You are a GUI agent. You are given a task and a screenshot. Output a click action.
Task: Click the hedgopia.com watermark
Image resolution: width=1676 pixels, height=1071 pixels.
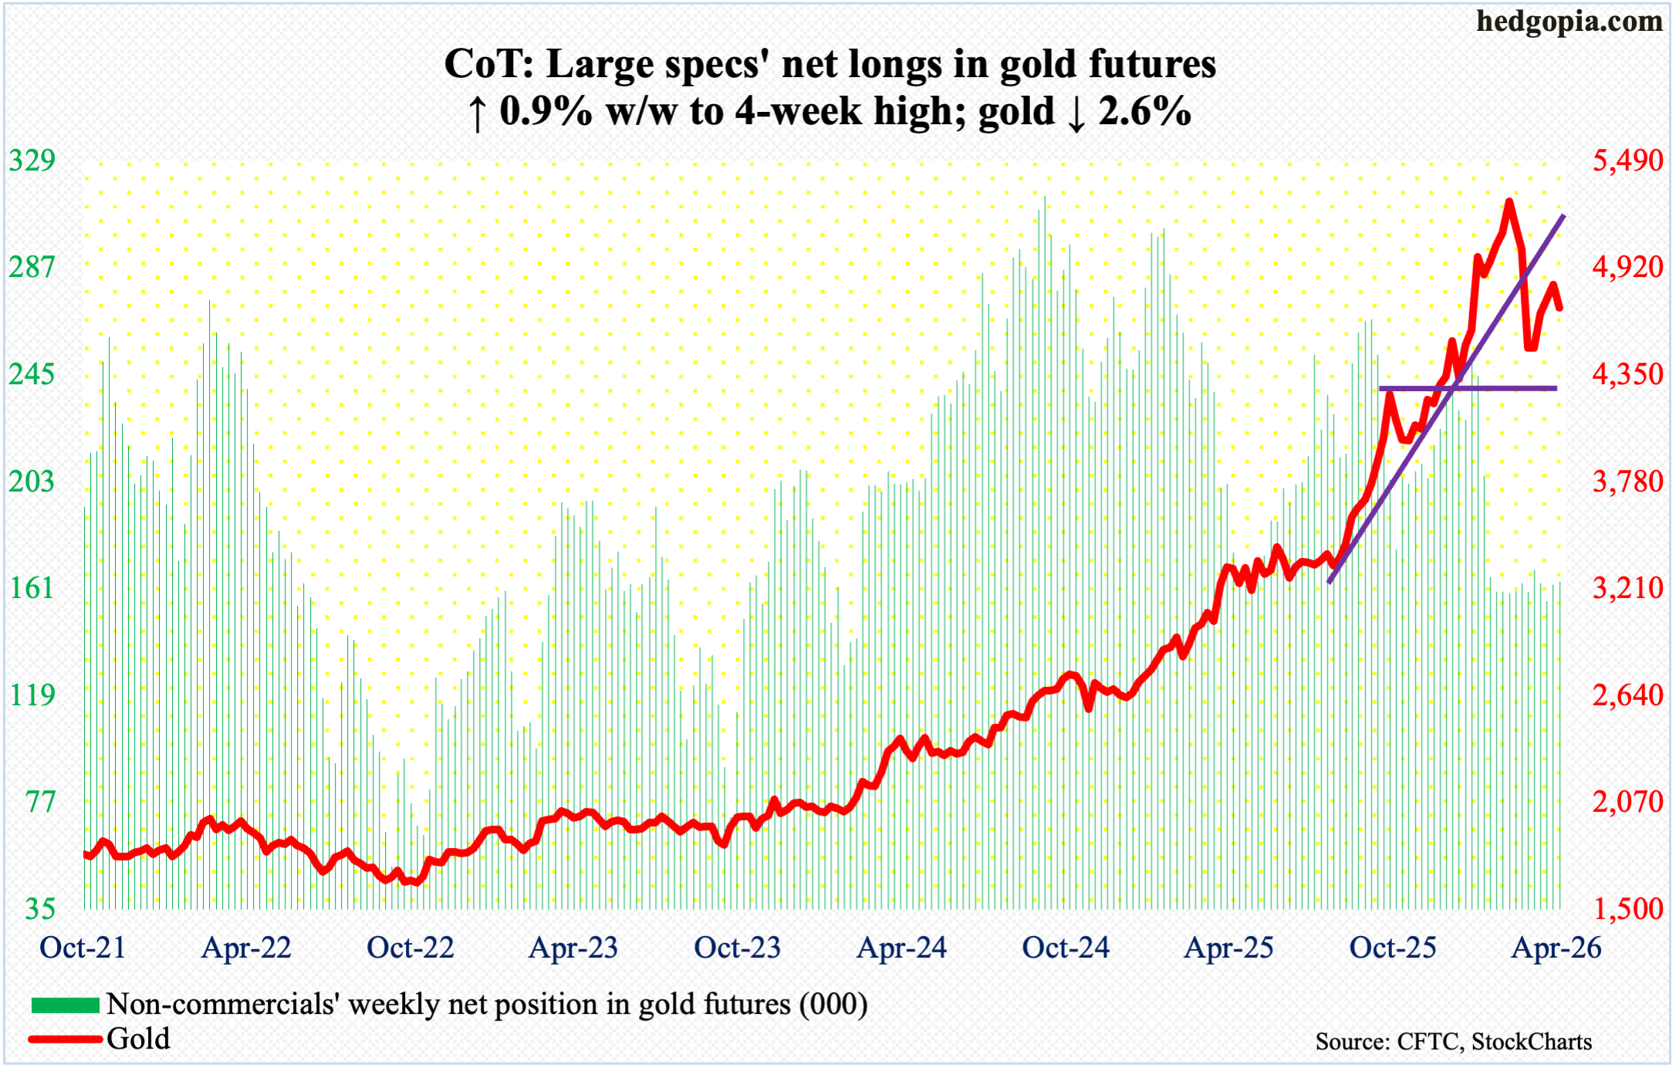[1569, 22]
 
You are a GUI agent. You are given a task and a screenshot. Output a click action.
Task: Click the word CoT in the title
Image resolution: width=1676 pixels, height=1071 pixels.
[488, 65]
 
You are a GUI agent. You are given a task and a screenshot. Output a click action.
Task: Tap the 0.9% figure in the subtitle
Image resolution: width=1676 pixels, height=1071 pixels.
[546, 112]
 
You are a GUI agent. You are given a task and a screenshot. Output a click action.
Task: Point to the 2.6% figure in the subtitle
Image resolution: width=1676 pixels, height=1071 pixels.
[1144, 112]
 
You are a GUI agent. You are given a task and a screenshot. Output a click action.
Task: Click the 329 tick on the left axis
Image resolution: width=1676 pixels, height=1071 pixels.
[32, 160]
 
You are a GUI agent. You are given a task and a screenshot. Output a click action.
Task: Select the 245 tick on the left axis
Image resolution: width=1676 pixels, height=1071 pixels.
[32, 375]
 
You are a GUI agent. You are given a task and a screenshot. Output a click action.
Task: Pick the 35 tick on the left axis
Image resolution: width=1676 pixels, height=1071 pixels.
[39, 909]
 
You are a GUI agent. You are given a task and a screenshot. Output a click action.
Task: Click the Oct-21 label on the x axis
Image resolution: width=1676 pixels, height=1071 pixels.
[83, 948]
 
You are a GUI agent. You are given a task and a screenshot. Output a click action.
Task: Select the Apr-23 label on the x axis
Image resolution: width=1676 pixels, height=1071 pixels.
[573, 948]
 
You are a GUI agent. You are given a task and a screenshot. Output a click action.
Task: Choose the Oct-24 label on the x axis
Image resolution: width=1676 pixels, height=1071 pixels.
[1066, 948]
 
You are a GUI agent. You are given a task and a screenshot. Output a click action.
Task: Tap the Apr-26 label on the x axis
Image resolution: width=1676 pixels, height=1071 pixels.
[1556, 948]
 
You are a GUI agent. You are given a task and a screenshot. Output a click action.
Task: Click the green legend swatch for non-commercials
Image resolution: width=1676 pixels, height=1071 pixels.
[66, 1005]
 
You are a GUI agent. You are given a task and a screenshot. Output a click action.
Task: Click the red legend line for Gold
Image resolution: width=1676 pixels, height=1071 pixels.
[66, 1039]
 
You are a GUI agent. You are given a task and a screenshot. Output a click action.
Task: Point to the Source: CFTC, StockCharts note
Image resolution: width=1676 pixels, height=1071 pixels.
[1453, 1042]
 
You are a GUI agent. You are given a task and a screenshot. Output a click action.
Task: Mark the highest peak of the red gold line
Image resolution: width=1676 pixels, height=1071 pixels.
[1509, 202]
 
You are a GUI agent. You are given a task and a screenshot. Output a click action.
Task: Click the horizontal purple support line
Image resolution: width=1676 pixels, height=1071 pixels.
[1467, 388]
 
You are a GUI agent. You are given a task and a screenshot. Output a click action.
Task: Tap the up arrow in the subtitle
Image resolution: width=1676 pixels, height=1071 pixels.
[477, 113]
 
